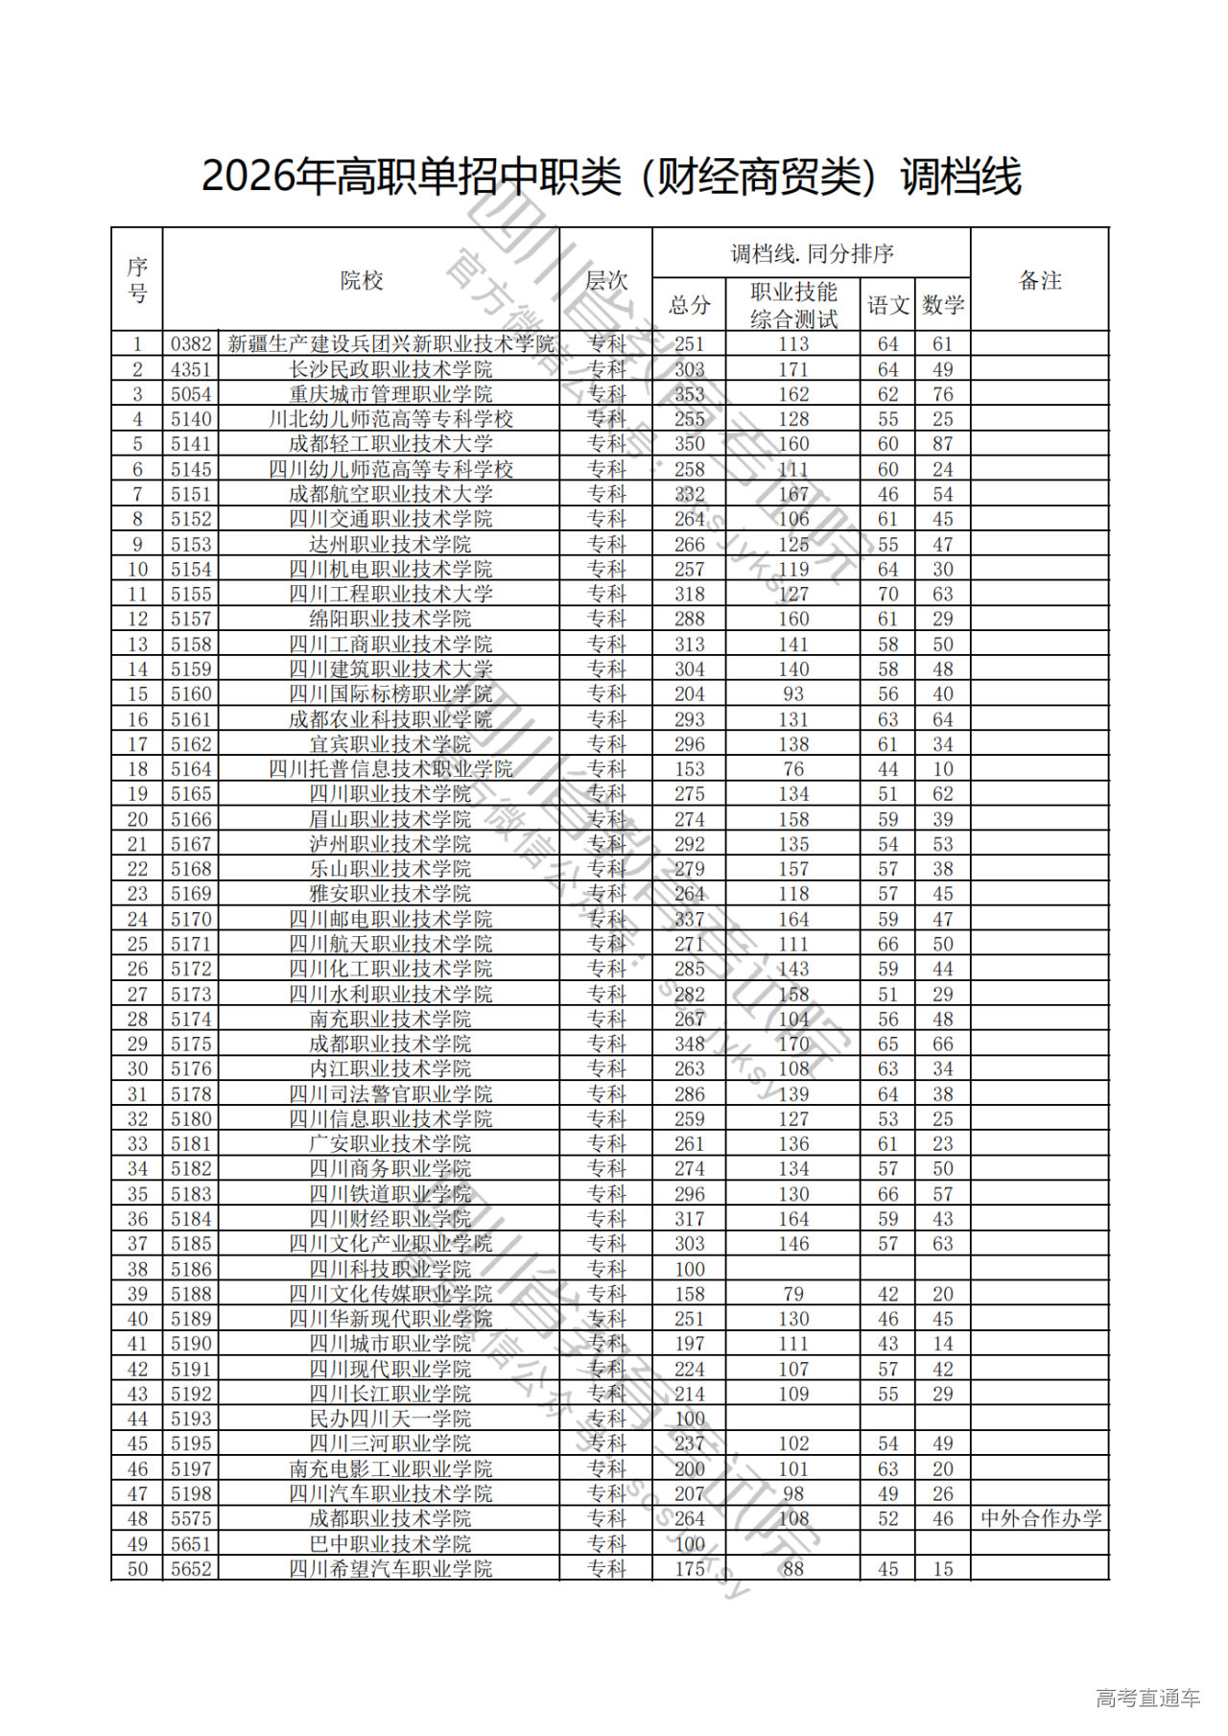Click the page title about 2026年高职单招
(x=612, y=177)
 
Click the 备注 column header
(x=1040, y=281)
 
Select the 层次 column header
(x=606, y=281)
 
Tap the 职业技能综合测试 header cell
(x=793, y=305)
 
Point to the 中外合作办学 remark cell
(x=1041, y=1519)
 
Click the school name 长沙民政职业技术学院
(x=390, y=369)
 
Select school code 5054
(x=191, y=394)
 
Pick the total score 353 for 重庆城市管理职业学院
(x=689, y=394)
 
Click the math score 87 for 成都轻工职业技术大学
(x=943, y=444)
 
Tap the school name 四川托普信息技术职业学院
(x=390, y=769)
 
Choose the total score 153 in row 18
(x=689, y=769)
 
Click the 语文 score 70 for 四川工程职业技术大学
(x=888, y=594)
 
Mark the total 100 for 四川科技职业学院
(x=689, y=1269)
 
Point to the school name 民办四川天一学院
(x=390, y=1419)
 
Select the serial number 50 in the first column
(x=137, y=1569)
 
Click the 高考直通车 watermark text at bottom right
(x=1147, y=1699)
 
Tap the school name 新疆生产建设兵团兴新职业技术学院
(x=390, y=344)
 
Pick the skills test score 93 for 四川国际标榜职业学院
(x=793, y=694)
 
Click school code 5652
(x=191, y=1569)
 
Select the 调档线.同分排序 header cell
(x=812, y=254)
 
